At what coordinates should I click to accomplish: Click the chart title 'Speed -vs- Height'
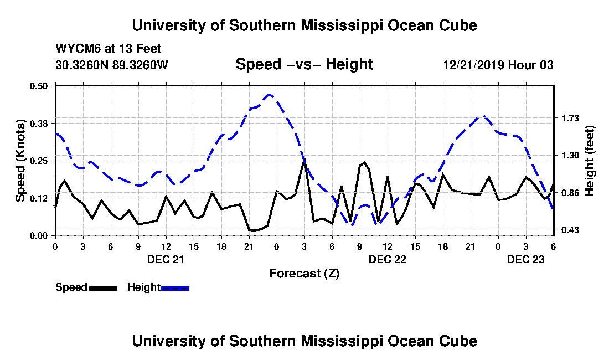(304, 64)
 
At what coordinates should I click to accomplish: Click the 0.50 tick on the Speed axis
(38, 86)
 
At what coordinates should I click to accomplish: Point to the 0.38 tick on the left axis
(38, 124)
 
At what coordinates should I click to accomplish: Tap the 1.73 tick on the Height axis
(570, 118)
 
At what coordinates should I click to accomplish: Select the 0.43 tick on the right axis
(570, 230)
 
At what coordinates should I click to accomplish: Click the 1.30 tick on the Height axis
(570, 155)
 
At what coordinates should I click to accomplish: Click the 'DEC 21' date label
(166, 259)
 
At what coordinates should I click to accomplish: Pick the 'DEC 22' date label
(387, 259)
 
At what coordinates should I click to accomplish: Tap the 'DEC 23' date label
(526, 259)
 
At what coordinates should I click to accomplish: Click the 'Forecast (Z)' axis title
(304, 274)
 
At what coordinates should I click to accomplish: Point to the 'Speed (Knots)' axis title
(20, 161)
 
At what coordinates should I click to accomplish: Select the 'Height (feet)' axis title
(589, 161)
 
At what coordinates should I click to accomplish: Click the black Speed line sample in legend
(103, 288)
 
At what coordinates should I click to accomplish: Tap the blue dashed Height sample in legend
(175, 288)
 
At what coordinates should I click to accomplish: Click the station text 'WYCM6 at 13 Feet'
(109, 49)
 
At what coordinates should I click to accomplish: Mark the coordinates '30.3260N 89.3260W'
(112, 65)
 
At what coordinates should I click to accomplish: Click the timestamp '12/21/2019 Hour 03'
(498, 65)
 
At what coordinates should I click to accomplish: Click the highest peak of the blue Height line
(269, 95)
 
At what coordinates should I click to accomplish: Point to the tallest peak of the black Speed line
(304, 160)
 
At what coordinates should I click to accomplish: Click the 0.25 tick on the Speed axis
(38, 161)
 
